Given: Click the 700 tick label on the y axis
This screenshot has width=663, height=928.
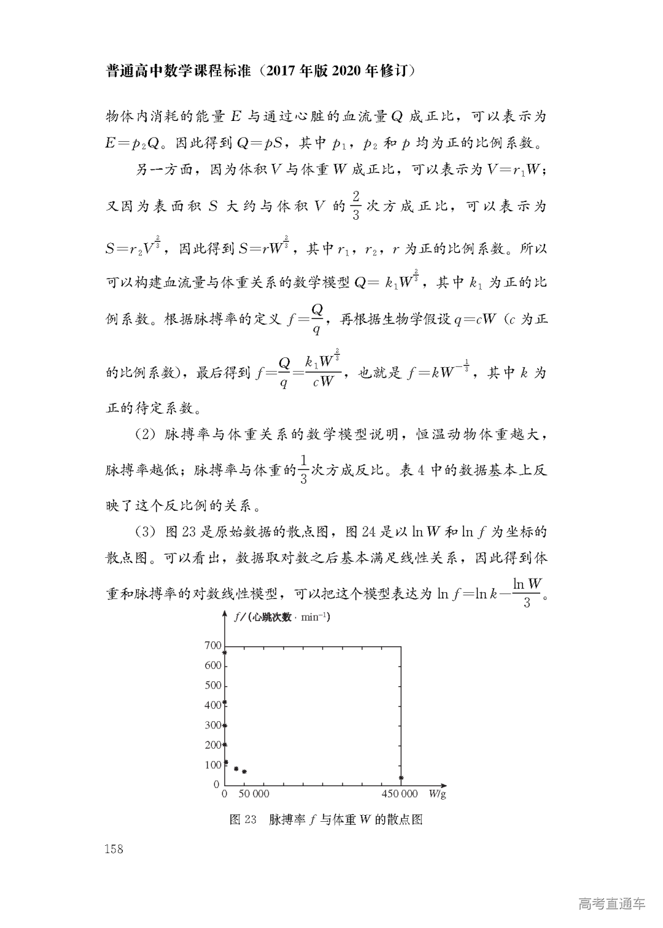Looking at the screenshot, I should [x=212, y=646].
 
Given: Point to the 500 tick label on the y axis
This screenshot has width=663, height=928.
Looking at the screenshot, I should [x=212, y=686].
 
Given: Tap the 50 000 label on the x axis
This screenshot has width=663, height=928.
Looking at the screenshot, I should [x=254, y=794].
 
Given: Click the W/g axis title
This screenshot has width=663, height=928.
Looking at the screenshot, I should [x=437, y=794].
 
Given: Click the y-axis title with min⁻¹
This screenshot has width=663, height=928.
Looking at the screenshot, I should [x=282, y=617].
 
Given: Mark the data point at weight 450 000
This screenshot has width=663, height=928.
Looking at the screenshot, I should [x=401, y=778].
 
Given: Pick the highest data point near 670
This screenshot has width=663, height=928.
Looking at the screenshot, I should [x=225, y=653].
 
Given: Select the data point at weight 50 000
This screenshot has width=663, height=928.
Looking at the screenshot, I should [x=244, y=771].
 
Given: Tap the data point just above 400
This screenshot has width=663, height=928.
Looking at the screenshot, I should [x=225, y=703].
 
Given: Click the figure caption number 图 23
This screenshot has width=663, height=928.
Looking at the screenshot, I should [x=242, y=820].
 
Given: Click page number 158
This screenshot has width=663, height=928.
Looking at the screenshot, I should [x=114, y=849].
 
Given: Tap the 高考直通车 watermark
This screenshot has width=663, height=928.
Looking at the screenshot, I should [x=611, y=903].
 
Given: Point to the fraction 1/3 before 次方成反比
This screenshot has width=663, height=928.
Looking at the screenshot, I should [x=303, y=470].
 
